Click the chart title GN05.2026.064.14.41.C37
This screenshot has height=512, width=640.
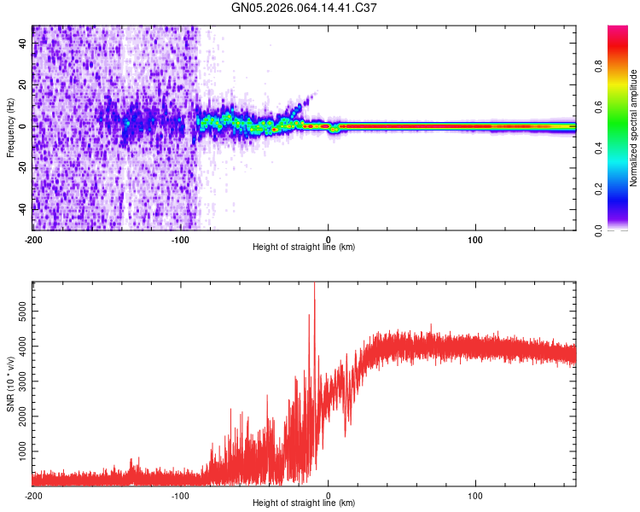pyautogui.click(x=304, y=8)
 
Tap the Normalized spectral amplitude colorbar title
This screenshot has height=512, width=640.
pyautogui.click(x=633, y=128)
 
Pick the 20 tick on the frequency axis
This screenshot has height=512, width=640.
pyautogui.click(x=22, y=85)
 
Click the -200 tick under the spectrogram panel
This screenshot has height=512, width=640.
pyautogui.click(x=32, y=238)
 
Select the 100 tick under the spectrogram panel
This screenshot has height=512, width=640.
pyautogui.click(x=475, y=238)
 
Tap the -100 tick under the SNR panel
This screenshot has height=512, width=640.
pyautogui.click(x=180, y=495)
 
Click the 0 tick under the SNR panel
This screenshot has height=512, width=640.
pyautogui.click(x=328, y=495)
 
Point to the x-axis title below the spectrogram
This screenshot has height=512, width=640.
pyautogui.click(x=304, y=247)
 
